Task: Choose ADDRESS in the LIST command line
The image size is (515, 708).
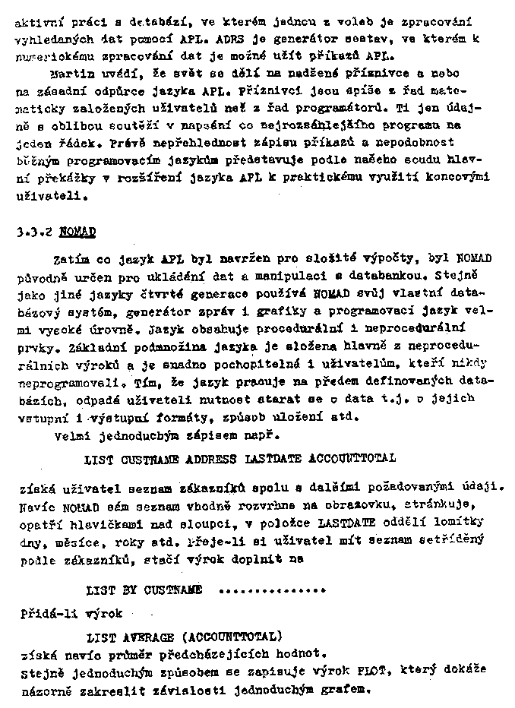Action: [213, 459]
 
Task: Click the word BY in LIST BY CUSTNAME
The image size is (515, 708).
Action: [125, 589]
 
